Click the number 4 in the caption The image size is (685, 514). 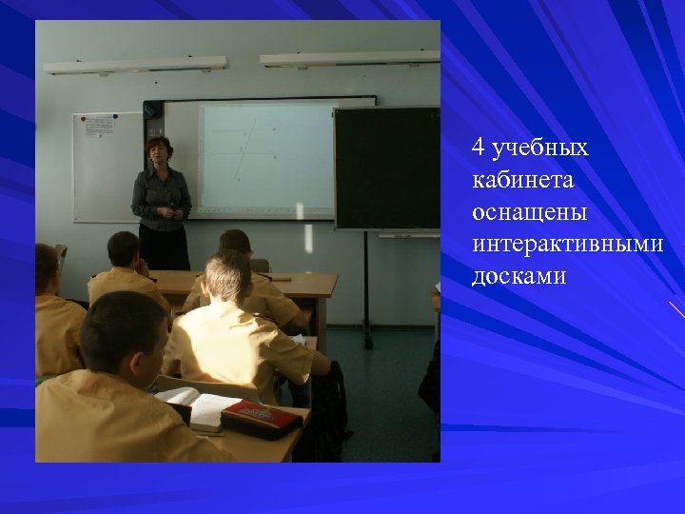[x=479, y=148]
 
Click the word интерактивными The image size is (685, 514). [x=567, y=245]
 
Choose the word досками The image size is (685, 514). [x=519, y=276]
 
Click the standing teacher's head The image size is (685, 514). [x=157, y=151]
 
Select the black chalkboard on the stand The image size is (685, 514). [x=386, y=168]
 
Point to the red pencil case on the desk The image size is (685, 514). [x=262, y=418]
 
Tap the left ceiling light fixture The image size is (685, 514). [x=135, y=65]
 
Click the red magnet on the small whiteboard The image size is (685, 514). [x=84, y=119]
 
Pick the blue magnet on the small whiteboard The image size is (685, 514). [x=115, y=117]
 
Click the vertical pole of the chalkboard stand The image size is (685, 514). [x=367, y=286]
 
